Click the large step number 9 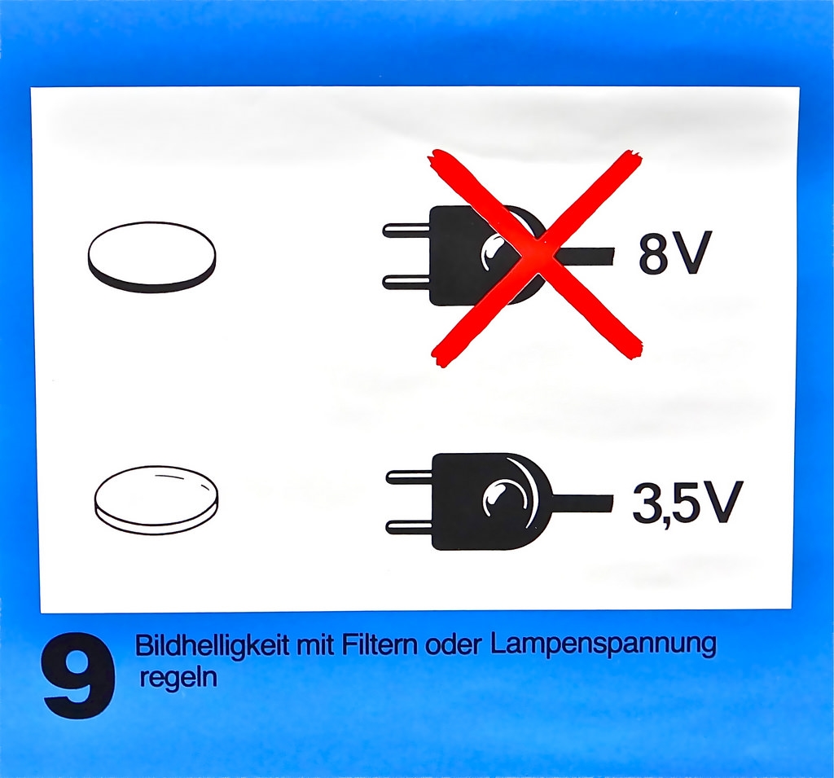tap(78, 675)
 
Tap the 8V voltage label tap(674, 254)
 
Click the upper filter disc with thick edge tap(151, 257)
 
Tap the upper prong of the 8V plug tap(406, 231)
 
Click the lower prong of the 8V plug tap(406, 282)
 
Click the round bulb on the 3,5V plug tap(498, 499)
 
